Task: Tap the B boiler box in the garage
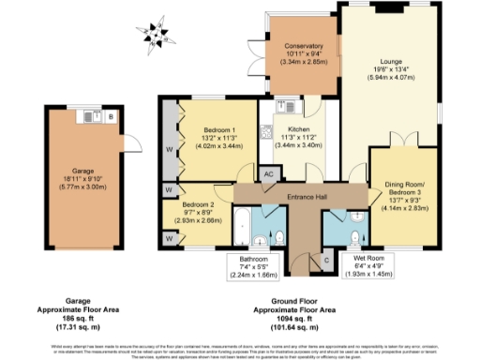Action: point(111,117)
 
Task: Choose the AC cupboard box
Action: point(268,174)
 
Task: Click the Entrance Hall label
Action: point(288,198)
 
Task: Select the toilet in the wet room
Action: point(355,234)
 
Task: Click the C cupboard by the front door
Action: point(325,259)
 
